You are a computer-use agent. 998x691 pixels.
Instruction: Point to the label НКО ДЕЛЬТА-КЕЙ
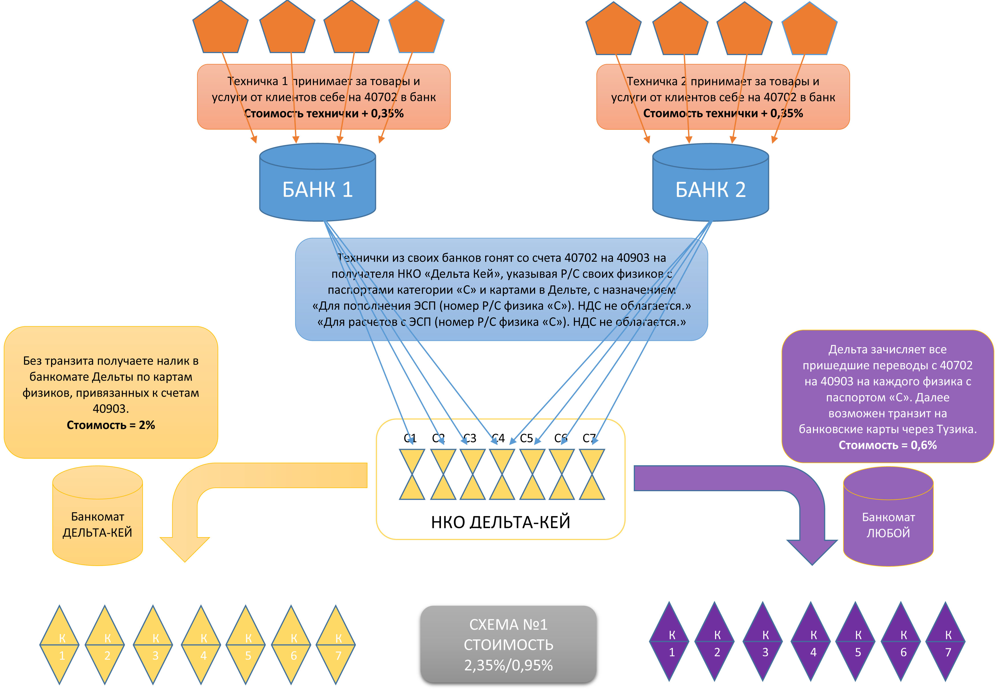coord(501,522)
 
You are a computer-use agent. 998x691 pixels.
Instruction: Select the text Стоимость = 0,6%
coord(888,445)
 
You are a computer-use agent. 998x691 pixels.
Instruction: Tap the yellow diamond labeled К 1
coord(60,645)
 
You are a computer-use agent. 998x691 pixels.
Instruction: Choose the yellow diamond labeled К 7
coord(336,645)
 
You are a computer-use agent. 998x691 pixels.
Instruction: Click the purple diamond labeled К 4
coord(811,642)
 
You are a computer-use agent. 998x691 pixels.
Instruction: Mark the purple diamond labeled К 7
coord(945,642)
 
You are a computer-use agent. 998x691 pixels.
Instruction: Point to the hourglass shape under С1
coord(412,474)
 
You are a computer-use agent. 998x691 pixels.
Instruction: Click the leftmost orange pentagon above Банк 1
coord(221,28)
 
